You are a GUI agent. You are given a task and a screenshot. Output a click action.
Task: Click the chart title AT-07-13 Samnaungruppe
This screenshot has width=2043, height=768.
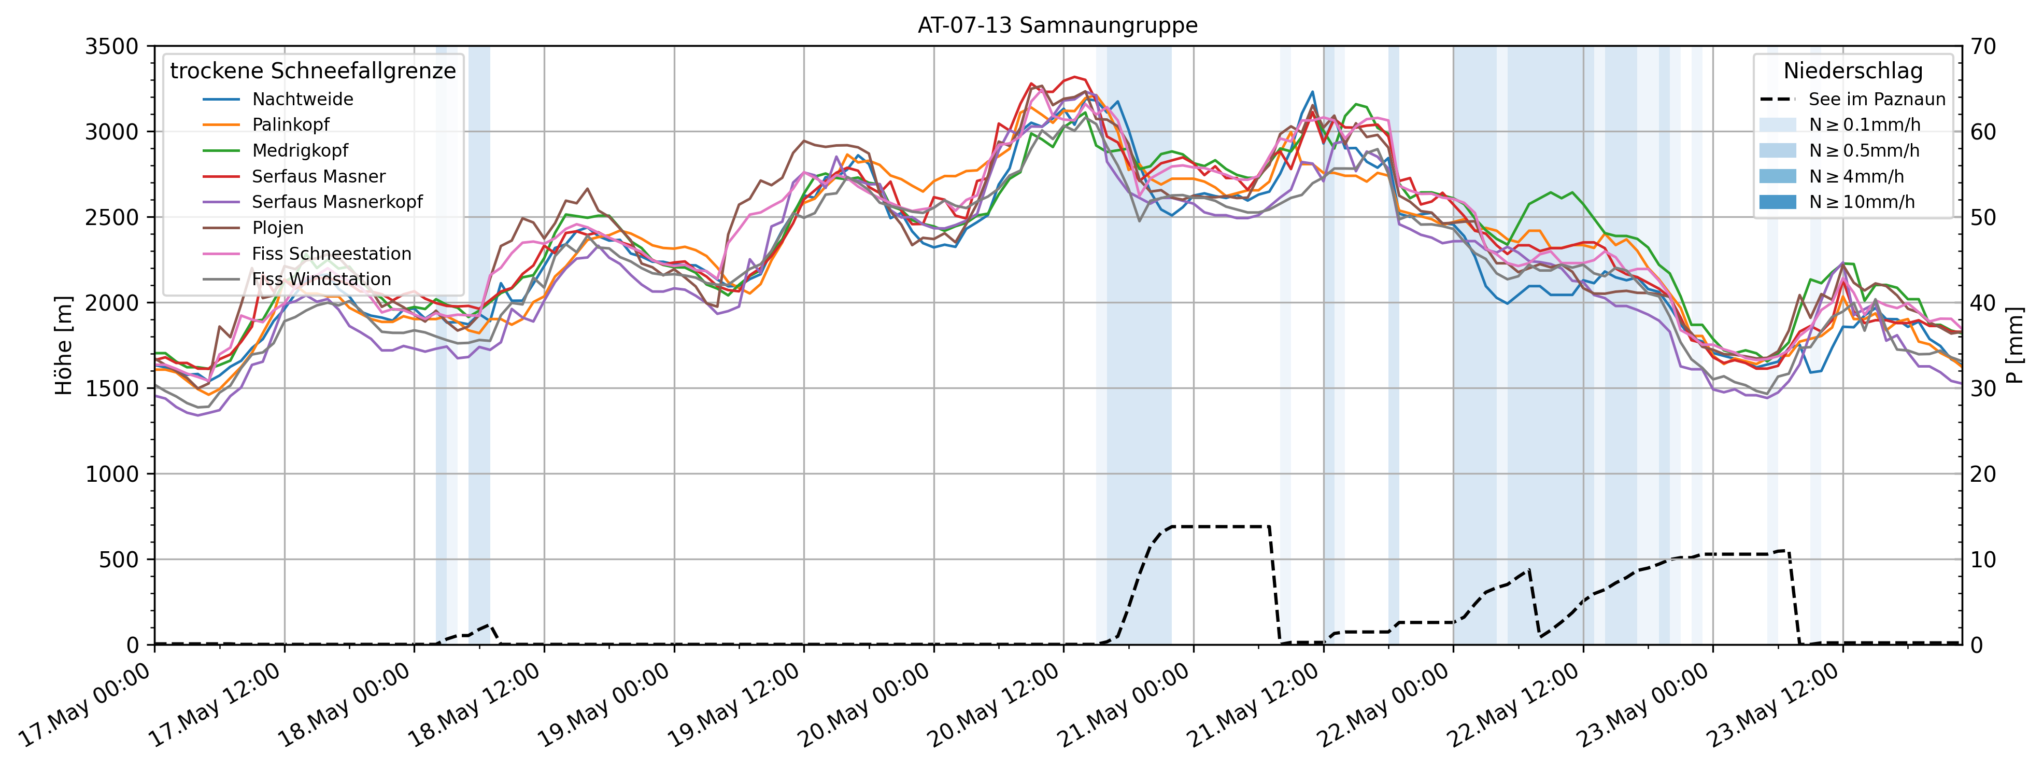(x=1057, y=25)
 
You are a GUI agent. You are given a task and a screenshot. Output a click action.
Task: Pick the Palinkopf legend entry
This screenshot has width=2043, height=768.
(x=290, y=124)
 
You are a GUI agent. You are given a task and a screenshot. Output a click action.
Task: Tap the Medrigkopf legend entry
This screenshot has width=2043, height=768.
(x=300, y=151)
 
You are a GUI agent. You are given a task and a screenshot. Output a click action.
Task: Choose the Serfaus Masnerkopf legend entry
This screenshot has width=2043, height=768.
(x=337, y=202)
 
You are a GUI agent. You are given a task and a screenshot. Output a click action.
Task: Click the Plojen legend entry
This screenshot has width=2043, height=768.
(x=278, y=228)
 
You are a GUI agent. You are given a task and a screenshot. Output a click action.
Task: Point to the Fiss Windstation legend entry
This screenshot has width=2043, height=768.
(x=321, y=280)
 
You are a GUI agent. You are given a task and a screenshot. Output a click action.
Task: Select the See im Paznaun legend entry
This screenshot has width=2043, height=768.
(x=1877, y=99)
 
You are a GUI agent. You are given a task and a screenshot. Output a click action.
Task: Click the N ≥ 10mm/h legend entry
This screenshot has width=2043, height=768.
(x=1862, y=202)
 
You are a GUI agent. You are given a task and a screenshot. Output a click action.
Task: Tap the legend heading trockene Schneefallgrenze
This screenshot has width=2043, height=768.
(x=313, y=72)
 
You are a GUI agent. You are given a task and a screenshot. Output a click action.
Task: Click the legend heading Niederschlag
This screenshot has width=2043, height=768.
(x=1853, y=72)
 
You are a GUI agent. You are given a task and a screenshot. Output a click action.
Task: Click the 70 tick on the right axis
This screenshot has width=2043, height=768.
(x=1984, y=47)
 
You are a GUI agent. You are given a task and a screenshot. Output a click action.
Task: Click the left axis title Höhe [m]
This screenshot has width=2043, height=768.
(x=63, y=345)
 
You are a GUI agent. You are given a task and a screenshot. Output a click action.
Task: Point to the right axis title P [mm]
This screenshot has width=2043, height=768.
(x=2017, y=345)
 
